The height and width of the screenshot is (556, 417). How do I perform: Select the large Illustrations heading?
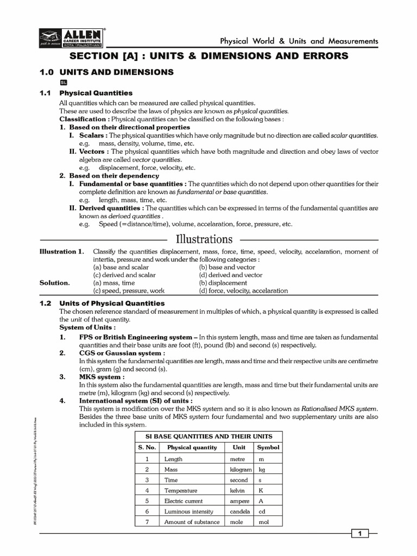click(204, 239)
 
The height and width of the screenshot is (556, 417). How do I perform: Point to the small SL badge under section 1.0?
click(64, 82)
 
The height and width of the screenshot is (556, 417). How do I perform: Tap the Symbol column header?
click(268, 447)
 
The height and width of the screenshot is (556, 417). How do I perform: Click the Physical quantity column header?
click(192, 447)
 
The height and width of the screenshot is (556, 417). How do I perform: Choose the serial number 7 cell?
click(147, 522)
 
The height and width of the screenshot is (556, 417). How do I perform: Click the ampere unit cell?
click(239, 501)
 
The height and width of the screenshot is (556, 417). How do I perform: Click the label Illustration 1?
click(62, 251)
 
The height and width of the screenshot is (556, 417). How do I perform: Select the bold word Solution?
click(54, 283)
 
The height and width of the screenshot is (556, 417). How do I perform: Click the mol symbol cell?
click(264, 522)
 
